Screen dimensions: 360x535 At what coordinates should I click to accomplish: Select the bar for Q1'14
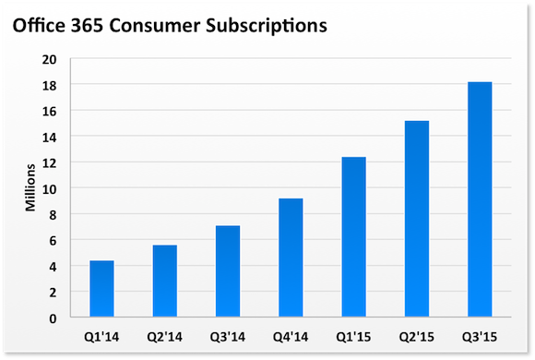101,289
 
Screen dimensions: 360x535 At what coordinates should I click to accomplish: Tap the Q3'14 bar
228,271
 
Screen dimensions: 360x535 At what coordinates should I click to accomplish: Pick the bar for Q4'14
291,258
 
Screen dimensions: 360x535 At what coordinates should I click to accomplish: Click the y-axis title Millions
30,188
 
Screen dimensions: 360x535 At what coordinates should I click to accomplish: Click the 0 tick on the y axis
54,318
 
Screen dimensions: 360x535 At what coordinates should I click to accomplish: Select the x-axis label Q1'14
101,334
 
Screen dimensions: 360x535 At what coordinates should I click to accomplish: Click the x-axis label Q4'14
291,334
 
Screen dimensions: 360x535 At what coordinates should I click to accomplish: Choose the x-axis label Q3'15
479,334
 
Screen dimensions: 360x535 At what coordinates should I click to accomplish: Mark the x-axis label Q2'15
416,334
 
